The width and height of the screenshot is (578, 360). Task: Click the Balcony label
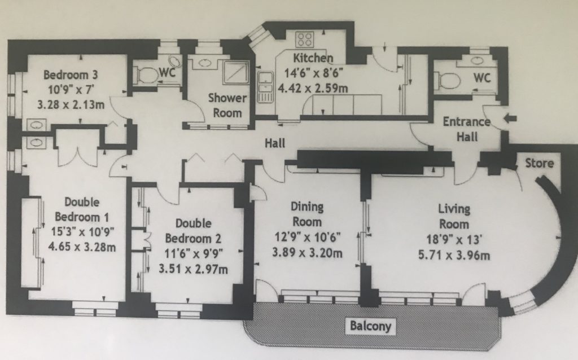[x=370, y=326]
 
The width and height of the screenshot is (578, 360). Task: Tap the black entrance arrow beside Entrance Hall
[x=510, y=118]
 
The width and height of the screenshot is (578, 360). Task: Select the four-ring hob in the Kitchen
[x=305, y=39]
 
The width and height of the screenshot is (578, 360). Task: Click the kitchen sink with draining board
[x=265, y=86]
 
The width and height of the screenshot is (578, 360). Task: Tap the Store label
[x=539, y=163]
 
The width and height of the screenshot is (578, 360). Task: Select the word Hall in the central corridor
[x=275, y=143]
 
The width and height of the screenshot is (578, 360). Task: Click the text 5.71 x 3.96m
[x=454, y=255]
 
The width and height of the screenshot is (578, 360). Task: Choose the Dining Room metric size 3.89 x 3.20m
[x=308, y=253]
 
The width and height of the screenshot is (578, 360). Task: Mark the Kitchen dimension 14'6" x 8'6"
[x=313, y=73]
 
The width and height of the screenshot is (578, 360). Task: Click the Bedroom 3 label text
[x=71, y=75]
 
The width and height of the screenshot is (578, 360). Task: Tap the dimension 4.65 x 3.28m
[x=82, y=247]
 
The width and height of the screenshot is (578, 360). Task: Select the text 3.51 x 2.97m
[x=193, y=269]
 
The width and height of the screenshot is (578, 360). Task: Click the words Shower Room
[x=227, y=106]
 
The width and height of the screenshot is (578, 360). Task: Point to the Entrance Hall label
[x=467, y=129]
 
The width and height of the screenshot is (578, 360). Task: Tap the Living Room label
[x=454, y=217]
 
